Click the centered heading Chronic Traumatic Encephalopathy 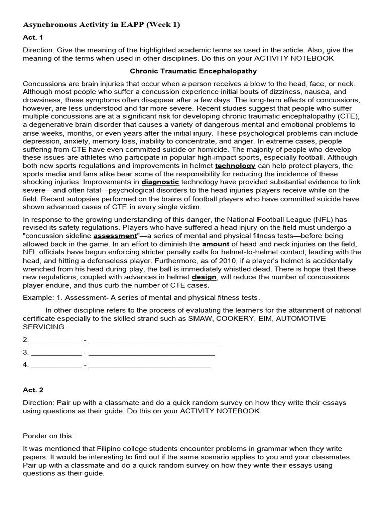(193, 71)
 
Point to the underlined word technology (235, 165)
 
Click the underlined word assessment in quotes (115, 235)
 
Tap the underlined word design (204, 277)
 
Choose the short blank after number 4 (56, 365)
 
